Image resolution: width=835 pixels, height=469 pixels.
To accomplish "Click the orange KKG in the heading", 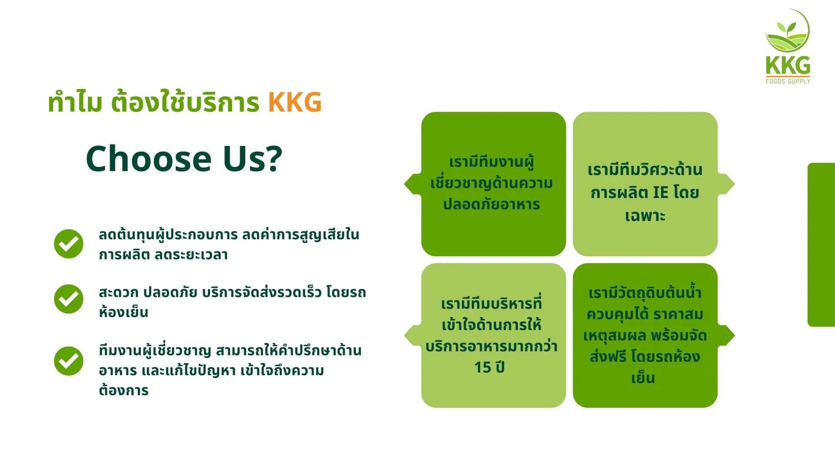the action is (x=295, y=102).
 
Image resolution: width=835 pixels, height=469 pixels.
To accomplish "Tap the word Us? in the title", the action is (x=253, y=159).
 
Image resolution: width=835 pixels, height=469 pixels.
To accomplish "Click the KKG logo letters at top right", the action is (x=788, y=66).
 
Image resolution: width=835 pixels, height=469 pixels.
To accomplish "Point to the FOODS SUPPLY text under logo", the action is (x=788, y=81).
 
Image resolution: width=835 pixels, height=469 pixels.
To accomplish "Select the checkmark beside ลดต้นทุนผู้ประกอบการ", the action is (x=69, y=244).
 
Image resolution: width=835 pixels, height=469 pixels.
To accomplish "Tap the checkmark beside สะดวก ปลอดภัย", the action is (x=69, y=299).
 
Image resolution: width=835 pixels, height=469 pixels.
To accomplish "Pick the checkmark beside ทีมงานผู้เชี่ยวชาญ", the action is (x=69, y=360).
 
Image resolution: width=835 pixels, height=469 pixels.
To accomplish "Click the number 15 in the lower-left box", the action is (x=482, y=367).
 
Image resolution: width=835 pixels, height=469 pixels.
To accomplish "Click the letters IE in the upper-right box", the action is (x=661, y=192).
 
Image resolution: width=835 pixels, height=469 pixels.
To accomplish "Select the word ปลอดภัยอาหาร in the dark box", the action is (x=491, y=204).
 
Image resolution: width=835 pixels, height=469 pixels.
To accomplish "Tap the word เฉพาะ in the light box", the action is (x=645, y=215).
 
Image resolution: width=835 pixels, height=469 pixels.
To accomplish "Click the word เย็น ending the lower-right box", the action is (x=643, y=377).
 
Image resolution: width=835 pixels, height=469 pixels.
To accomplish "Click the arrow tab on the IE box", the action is (x=726, y=184).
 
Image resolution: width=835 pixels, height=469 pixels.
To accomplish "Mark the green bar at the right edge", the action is (x=821, y=244).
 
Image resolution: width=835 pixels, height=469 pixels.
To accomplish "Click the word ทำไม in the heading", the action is (x=75, y=102).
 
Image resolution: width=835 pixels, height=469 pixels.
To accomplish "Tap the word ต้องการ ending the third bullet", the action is (x=124, y=390).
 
